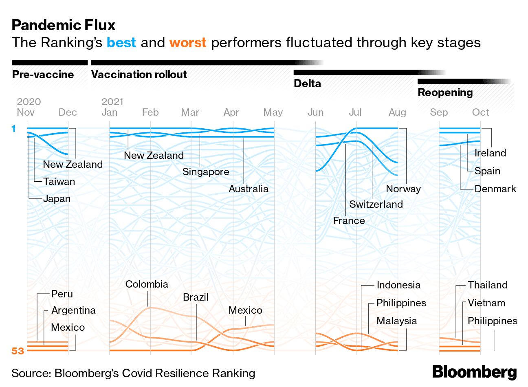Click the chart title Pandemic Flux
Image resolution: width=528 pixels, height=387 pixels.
pyautogui.click(x=64, y=25)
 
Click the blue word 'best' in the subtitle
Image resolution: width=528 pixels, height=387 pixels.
pyautogui.click(x=121, y=42)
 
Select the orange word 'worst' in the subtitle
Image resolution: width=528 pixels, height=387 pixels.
pyautogui.click(x=188, y=42)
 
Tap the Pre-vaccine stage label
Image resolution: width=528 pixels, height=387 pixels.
pyautogui.click(x=43, y=75)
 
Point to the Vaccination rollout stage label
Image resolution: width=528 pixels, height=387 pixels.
pyautogui.click(x=139, y=75)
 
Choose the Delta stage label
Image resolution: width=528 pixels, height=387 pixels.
pyautogui.click(x=307, y=84)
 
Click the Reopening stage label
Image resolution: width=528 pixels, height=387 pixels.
pyautogui.click(x=445, y=92)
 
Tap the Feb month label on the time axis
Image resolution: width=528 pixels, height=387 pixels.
pyautogui.click(x=150, y=112)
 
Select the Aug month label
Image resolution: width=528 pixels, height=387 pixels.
pyautogui.click(x=397, y=112)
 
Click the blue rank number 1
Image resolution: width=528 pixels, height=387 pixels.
pyautogui.click(x=14, y=129)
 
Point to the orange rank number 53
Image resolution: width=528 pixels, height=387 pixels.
pyautogui.click(x=18, y=351)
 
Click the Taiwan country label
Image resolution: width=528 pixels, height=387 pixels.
pyautogui.click(x=59, y=182)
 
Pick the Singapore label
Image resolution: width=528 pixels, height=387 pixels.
pyautogui.click(x=205, y=172)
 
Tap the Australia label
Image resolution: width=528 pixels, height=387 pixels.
pyautogui.click(x=249, y=189)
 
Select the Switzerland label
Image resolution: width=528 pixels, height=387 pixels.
pyautogui.click(x=376, y=204)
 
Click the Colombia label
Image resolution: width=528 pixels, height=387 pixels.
pyautogui.click(x=147, y=284)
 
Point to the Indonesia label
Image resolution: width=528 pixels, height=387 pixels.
pyautogui.click(x=398, y=285)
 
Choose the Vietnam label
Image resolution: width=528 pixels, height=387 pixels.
pyautogui.click(x=486, y=303)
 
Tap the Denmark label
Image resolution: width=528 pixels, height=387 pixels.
pyautogui.click(x=495, y=189)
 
